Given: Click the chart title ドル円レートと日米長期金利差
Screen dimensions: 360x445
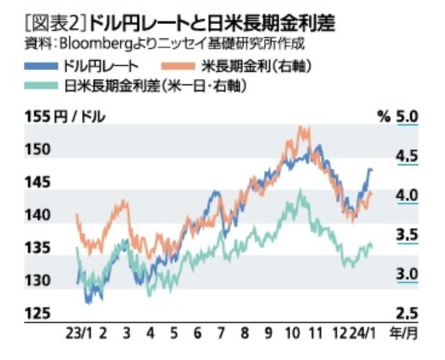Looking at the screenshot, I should pyautogui.click(x=212, y=24).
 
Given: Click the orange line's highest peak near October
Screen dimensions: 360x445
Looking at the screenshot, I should pyautogui.click(x=302, y=128).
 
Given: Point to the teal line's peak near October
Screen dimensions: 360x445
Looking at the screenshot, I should pyautogui.click(x=299, y=193).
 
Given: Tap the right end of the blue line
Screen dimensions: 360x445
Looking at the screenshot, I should pyautogui.click(x=371, y=170).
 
